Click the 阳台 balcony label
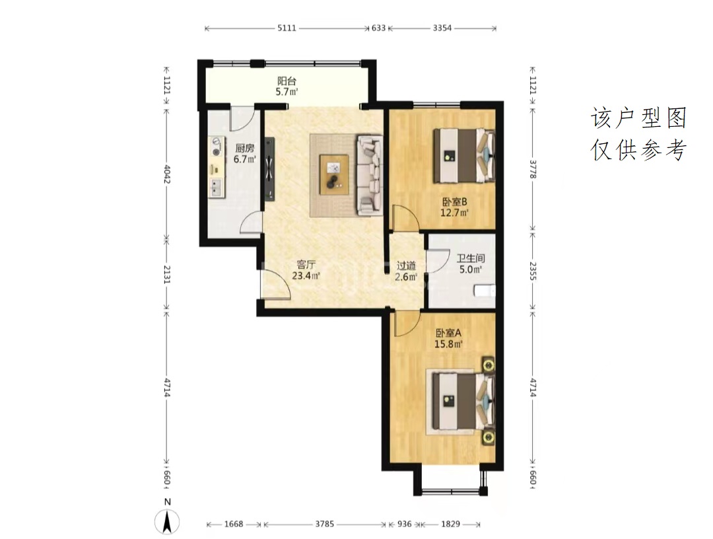pos(287,81)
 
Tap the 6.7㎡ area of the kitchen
pos(245,159)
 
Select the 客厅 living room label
pos(306,264)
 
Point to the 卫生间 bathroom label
pos(471,258)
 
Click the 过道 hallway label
pos(406,266)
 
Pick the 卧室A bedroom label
pos(448,333)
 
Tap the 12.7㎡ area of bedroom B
pos(454,213)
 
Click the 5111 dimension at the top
pos(287,28)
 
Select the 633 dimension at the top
pos(378,28)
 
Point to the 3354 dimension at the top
pos(442,28)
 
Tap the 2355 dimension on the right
pos(533,271)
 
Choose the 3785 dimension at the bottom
pos(325,524)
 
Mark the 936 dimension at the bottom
pos(404,524)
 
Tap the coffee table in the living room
pos(334,174)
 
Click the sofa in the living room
pos(369,174)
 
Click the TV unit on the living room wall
pos(270,168)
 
